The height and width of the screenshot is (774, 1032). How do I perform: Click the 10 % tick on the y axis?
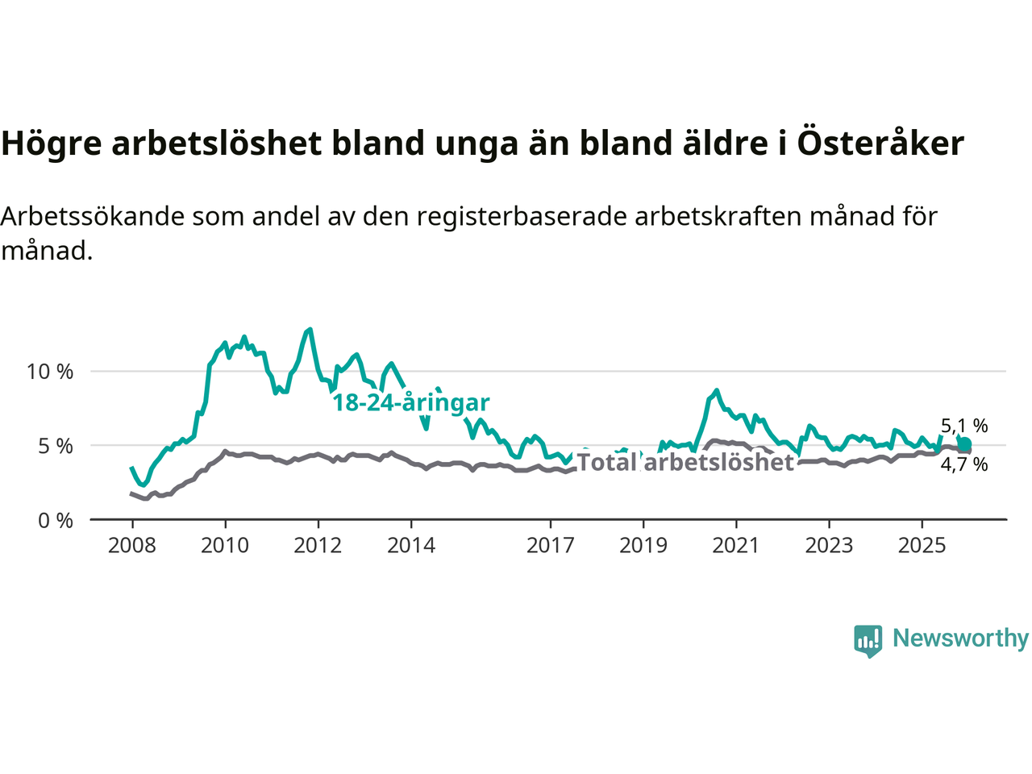tap(50, 372)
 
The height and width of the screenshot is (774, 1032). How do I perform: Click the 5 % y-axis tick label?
tap(56, 446)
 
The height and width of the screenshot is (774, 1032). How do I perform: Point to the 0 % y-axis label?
tap(56, 521)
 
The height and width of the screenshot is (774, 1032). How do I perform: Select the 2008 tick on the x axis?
tap(132, 546)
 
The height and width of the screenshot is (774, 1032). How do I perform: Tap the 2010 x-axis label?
tap(225, 546)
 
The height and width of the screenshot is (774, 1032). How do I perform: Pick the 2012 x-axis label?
tap(318, 546)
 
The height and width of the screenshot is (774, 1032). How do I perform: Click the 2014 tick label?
tap(411, 546)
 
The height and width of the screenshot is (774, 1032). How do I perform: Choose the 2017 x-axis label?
tap(551, 546)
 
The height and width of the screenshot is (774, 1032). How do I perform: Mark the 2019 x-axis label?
tap(643, 546)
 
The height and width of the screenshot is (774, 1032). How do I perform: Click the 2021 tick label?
tap(736, 546)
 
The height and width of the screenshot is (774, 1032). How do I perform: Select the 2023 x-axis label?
tap(829, 546)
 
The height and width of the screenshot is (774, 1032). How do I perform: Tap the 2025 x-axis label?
tap(922, 546)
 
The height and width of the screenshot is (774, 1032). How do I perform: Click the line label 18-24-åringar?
tap(411, 402)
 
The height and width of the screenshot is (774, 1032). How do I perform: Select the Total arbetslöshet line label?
tap(685, 463)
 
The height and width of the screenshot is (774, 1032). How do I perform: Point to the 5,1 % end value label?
tap(964, 426)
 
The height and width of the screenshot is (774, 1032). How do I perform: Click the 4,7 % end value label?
tap(964, 464)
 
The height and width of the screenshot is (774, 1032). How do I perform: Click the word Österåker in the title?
tap(880, 144)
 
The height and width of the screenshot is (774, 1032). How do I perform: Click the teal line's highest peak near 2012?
tap(310, 329)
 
